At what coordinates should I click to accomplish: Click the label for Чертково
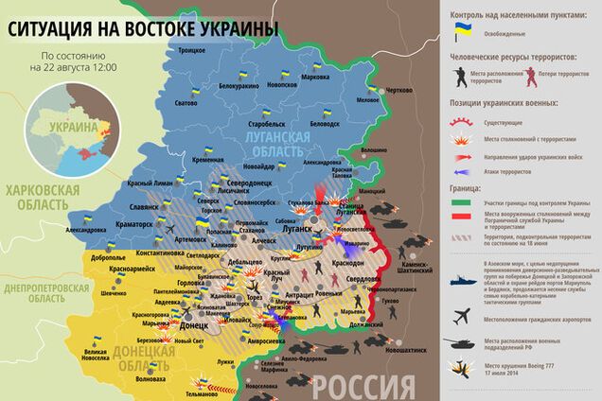pyautogui.click(x=399, y=90)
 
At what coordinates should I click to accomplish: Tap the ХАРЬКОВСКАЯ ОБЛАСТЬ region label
pyautogui.click(x=44, y=197)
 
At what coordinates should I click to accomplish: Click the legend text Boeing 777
pyautogui.click(x=548, y=365)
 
